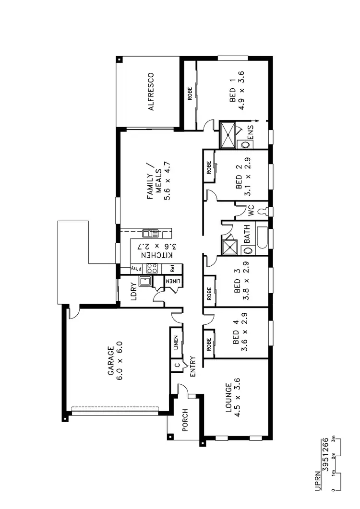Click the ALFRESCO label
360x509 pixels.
point(150,92)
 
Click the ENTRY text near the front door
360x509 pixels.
point(192,366)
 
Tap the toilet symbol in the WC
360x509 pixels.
point(264,211)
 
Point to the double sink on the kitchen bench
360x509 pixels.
point(151,234)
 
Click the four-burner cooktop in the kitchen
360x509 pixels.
point(152,268)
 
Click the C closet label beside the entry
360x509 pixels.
point(177,365)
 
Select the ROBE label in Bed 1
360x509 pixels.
point(190,94)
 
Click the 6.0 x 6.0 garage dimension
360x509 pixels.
point(120,360)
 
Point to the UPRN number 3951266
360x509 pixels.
point(325,454)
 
